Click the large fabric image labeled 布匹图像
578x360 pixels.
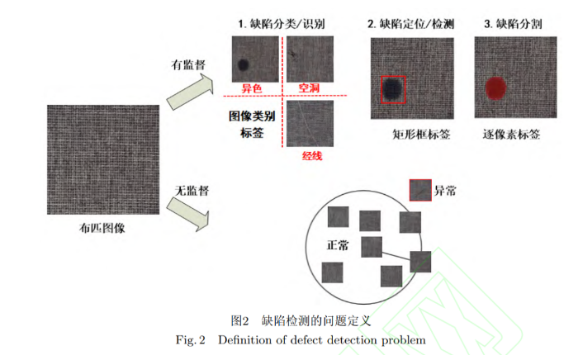[103, 159]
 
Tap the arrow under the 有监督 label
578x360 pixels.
[191, 92]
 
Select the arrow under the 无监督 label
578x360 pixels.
[188, 215]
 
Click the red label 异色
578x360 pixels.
[252, 88]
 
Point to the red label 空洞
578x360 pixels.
[309, 88]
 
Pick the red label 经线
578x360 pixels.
[312, 156]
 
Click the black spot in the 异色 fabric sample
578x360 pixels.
[244, 64]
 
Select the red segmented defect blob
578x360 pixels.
[495, 88]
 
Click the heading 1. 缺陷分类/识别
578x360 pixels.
[282, 24]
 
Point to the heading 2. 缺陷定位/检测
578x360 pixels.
[411, 24]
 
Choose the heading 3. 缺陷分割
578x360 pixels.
[513, 24]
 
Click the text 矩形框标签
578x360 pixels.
[421, 135]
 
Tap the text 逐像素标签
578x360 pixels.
[511, 134]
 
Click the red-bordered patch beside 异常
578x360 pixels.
[420, 190]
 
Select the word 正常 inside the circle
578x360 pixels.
[337, 245]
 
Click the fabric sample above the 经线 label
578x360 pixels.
[310, 123]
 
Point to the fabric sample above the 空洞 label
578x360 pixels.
[310, 59]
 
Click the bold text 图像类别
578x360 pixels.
[252, 116]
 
